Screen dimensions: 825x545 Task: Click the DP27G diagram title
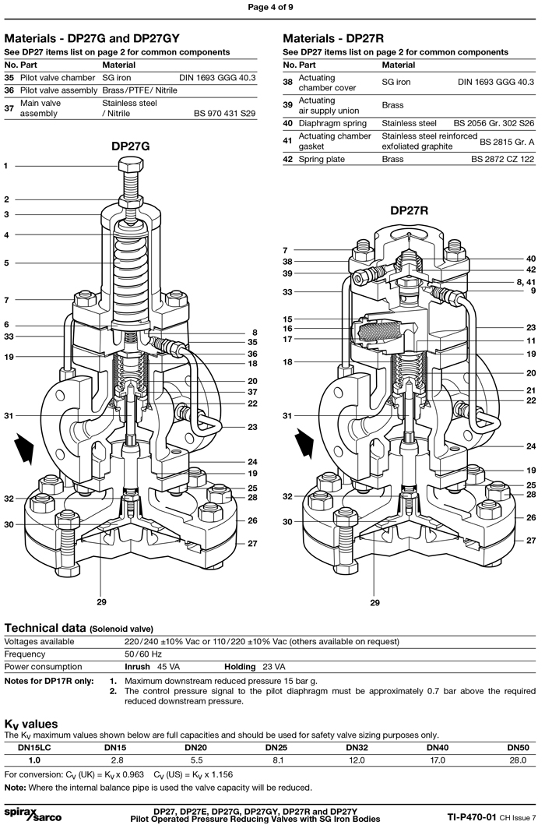click(x=130, y=146)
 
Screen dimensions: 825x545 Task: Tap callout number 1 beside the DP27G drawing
click(x=6, y=166)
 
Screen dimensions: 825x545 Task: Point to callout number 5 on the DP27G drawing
click(x=6, y=263)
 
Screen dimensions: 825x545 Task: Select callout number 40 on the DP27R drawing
click(x=531, y=259)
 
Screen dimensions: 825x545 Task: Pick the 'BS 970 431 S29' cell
click(x=224, y=113)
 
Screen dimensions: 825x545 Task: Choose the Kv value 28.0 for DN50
click(x=518, y=760)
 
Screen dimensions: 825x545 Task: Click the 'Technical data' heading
click(x=44, y=627)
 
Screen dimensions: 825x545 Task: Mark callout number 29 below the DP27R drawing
click(x=375, y=602)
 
